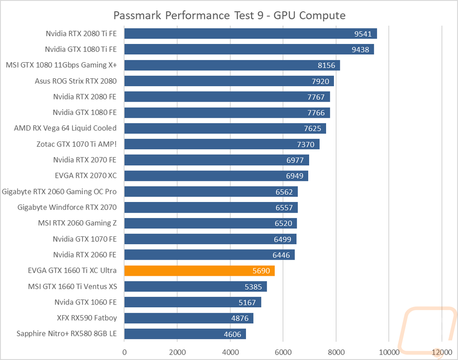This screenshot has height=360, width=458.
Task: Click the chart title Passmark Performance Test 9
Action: (229, 16)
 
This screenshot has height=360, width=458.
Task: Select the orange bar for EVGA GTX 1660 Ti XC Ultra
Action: (200, 271)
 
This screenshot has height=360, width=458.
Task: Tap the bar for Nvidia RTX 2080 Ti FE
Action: (251, 33)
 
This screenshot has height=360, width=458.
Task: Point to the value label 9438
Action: (360, 49)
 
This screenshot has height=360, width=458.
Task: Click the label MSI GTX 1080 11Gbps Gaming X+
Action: (61, 65)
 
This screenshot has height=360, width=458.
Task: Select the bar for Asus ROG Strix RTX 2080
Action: (229, 81)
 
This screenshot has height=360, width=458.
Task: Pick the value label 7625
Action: (312, 129)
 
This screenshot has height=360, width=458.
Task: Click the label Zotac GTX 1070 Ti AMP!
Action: (76, 144)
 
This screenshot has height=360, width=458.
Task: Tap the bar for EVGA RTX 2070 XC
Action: (216, 176)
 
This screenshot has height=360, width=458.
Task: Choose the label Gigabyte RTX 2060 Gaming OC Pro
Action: (59, 192)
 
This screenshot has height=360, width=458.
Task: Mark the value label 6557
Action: (284, 207)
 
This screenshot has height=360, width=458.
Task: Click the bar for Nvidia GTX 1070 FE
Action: (210, 239)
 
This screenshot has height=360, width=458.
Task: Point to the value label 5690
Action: (261, 271)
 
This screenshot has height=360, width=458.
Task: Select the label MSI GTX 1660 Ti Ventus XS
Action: (72, 286)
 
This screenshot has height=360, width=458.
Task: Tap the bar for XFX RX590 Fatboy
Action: (189, 318)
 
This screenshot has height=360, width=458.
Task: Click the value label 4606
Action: (233, 334)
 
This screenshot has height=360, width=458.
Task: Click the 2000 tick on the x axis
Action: (177, 352)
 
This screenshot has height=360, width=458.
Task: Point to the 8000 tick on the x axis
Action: (336, 352)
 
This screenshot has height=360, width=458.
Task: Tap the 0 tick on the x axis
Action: (125, 352)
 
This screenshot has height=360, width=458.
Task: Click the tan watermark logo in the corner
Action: (426, 330)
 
